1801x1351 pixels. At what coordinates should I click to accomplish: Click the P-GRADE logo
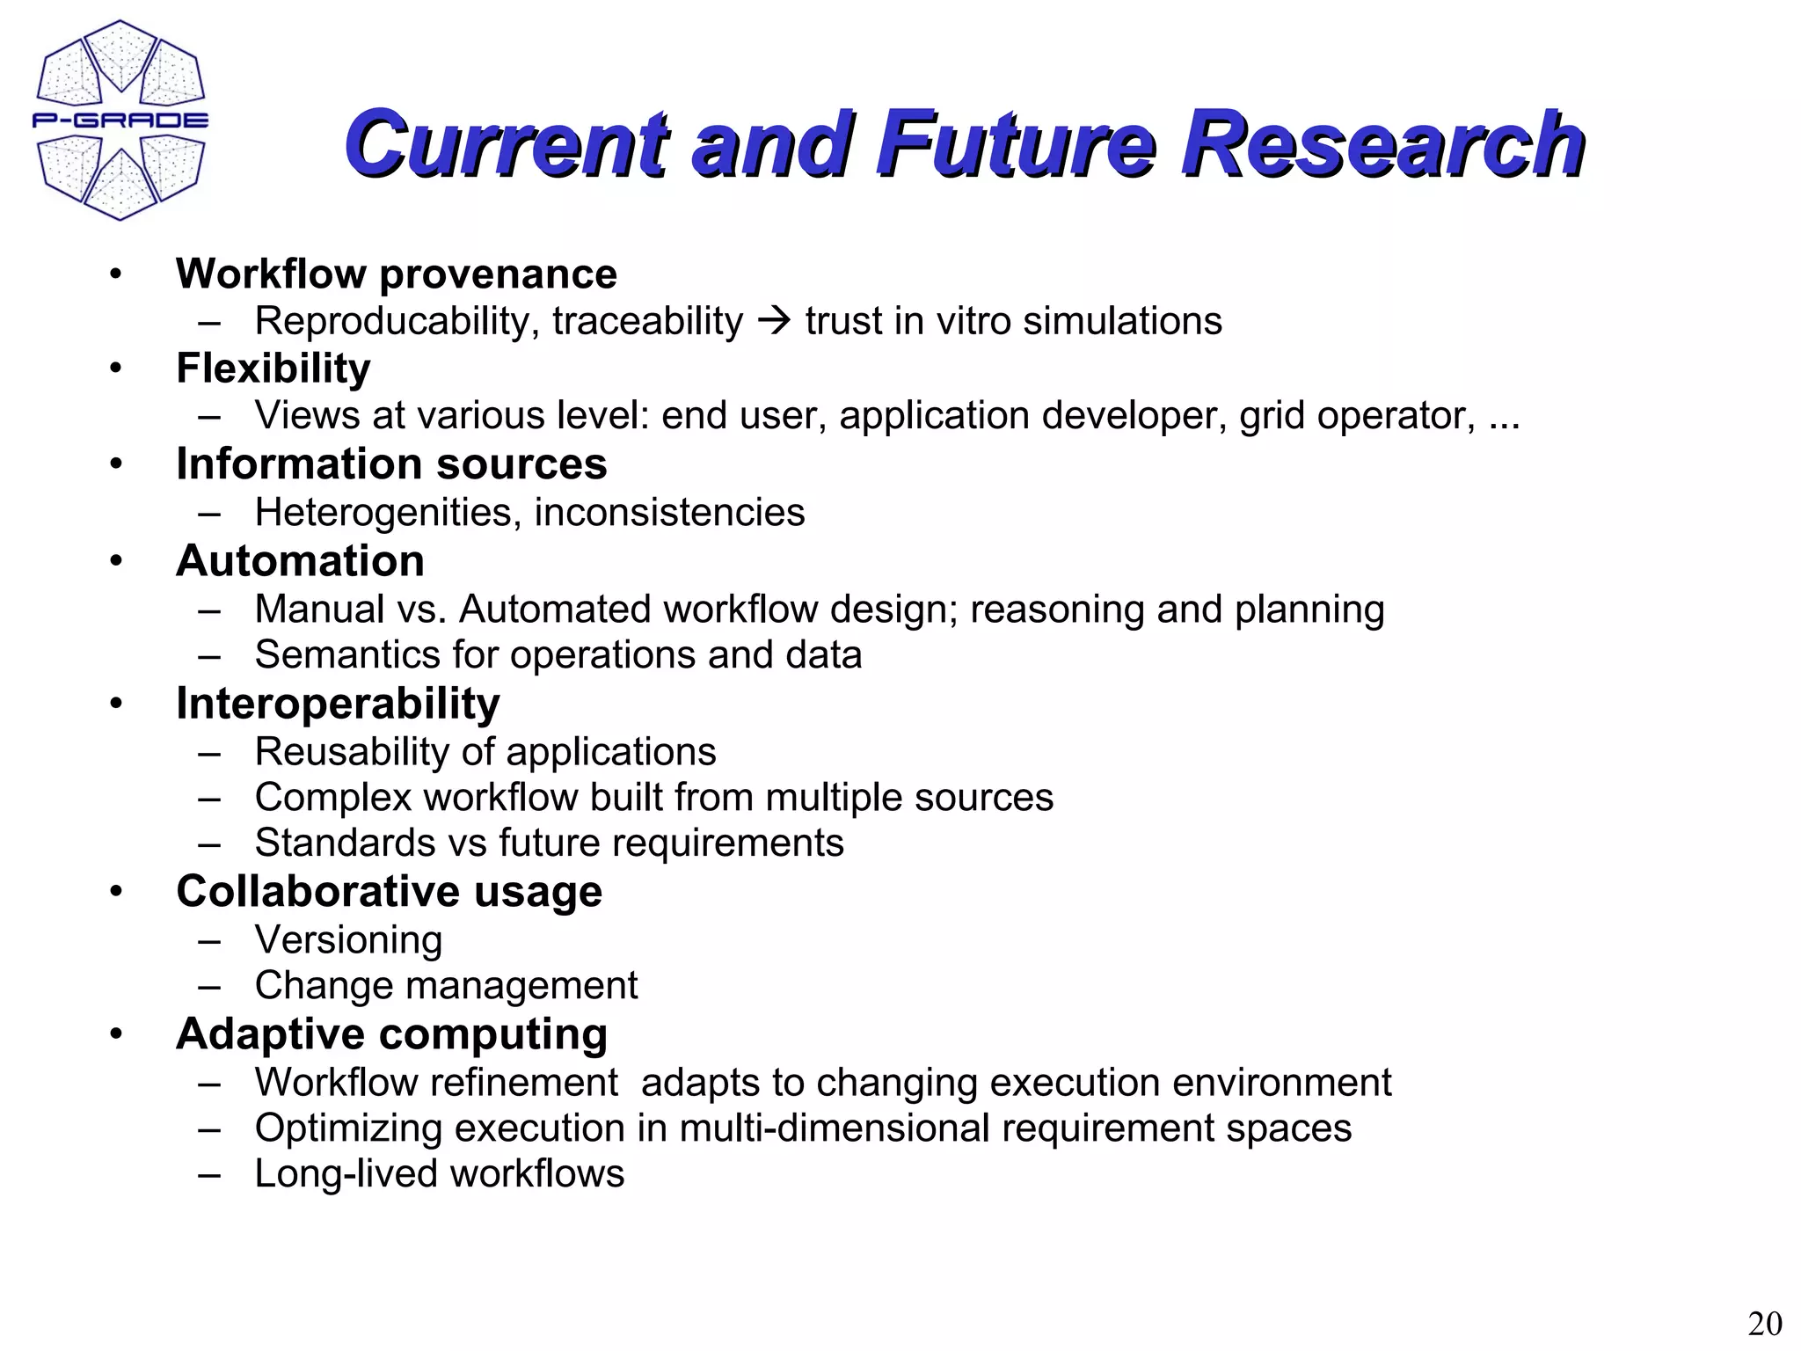click(120, 120)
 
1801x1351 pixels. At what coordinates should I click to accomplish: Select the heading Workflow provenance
click(396, 274)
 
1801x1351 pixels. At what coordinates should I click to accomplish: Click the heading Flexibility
click(273, 369)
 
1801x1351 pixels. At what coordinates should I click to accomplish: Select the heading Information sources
click(390, 464)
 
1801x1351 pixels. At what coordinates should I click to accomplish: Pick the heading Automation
click(300, 560)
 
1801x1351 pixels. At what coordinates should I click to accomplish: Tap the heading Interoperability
click(338, 704)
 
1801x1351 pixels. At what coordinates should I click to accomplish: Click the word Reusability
click(352, 752)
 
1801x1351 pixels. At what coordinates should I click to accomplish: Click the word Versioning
click(348, 940)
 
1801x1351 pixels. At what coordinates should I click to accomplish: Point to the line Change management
click(446, 986)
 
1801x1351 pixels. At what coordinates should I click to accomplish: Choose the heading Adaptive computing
click(391, 1034)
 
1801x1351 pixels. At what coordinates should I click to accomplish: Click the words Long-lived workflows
click(439, 1174)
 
